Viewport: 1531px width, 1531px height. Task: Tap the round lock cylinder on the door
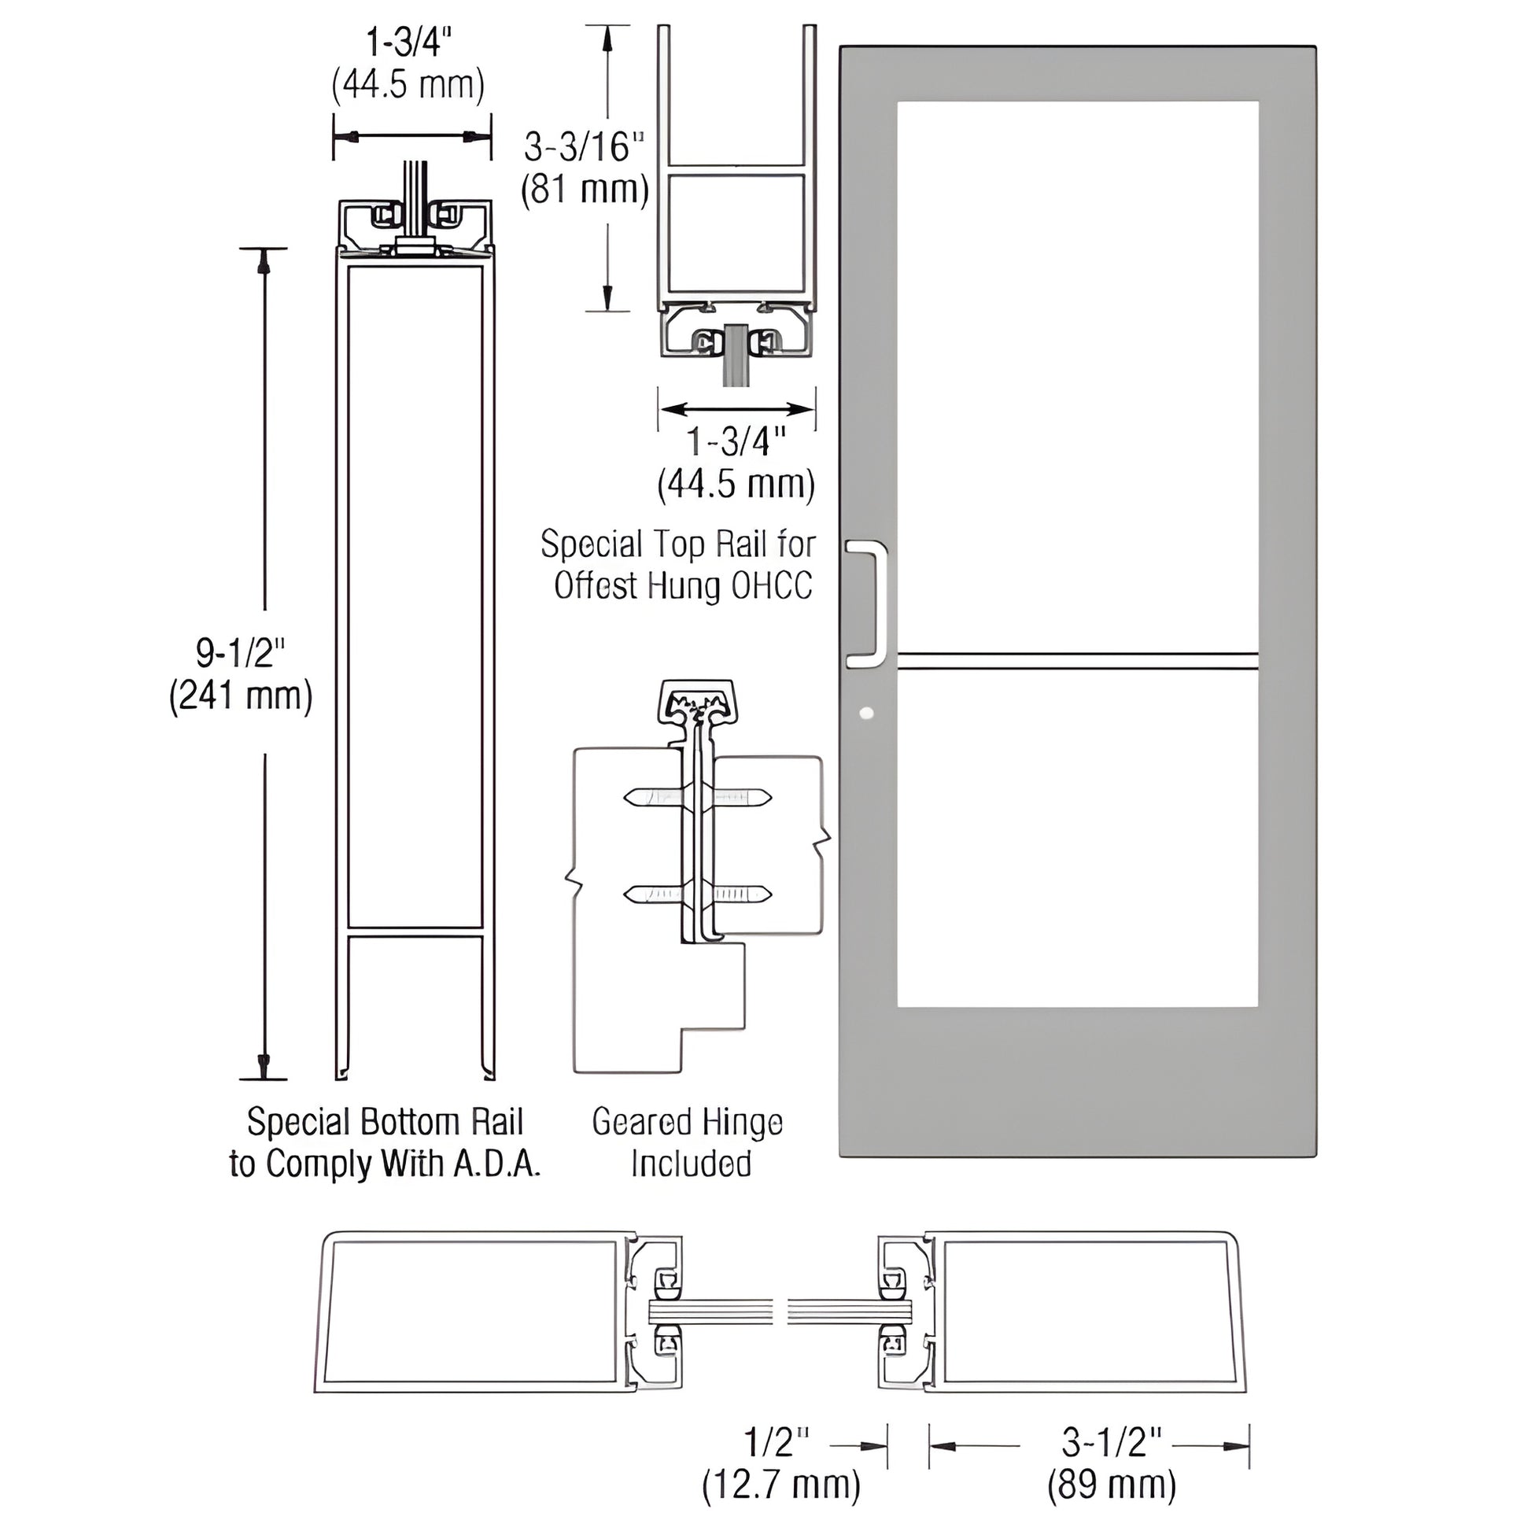[865, 713]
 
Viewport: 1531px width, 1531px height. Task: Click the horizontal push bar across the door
[1078, 660]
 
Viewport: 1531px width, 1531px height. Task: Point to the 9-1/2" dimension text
[240, 654]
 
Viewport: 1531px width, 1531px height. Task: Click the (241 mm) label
[241, 696]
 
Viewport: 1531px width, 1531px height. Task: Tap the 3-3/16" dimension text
[584, 147]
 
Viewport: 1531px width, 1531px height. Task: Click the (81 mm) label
[585, 190]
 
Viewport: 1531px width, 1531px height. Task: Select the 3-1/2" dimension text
[1111, 1444]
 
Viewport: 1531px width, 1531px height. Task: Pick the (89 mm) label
[1111, 1486]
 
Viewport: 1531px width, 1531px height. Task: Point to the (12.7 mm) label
[780, 1486]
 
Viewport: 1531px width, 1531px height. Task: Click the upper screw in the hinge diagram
[697, 796]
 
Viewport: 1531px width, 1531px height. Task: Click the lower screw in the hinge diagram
[697, 895]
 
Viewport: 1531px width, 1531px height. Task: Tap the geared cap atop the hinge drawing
[696, 699]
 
